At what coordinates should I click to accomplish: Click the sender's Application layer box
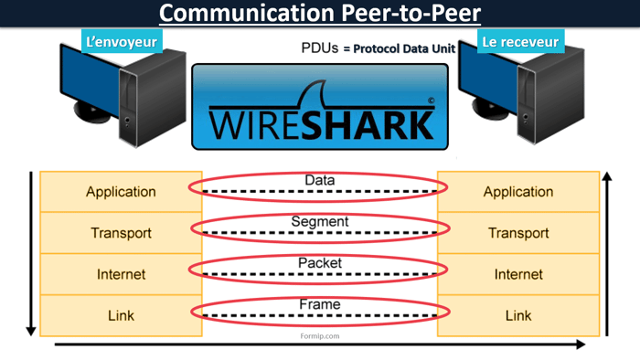coord(121,192)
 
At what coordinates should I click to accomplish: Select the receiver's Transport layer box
coord(518,233)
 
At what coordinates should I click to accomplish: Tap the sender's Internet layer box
coord(121,274)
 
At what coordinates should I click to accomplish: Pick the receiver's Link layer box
coord(518,315)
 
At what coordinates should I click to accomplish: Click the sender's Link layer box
coord(121,315)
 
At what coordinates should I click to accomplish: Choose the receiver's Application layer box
coord(518,192)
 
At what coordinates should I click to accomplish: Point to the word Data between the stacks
coord(319,181)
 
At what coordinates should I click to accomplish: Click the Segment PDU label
coord(319,221)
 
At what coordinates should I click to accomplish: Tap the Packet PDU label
coord(319,263)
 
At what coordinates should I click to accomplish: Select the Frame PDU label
coord(319,304)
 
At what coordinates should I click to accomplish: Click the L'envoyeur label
coord(121,42)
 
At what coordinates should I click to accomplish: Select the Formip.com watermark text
coord(319,336)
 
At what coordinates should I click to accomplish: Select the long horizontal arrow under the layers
coord(320,345)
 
